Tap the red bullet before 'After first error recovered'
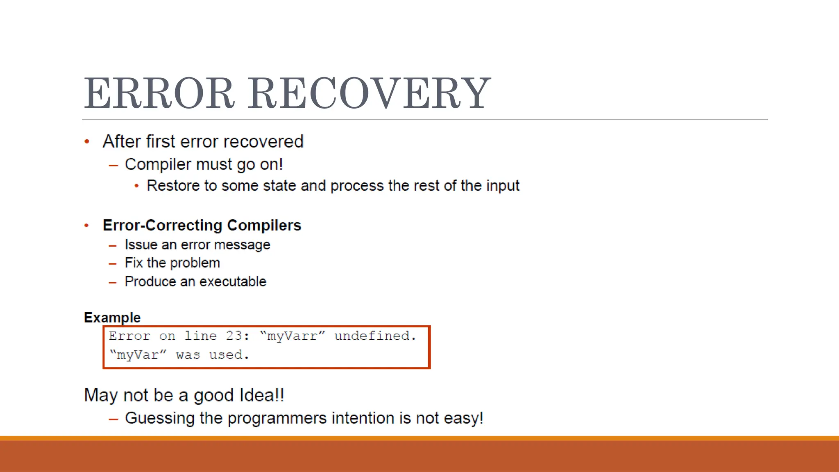87,142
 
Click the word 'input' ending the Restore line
503,186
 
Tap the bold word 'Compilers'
264,225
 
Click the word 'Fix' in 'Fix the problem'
134,263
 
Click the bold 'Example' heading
112,318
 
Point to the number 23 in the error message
234,336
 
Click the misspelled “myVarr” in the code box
293,336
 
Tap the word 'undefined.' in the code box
375,336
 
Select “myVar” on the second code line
138,355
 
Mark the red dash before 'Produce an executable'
113,282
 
